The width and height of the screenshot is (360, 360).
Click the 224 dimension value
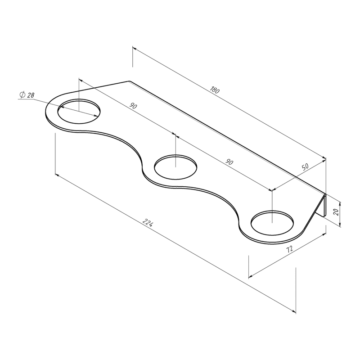tap(148, 222)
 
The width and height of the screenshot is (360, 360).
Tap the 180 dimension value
tap(215, 90)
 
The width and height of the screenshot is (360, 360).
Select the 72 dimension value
tap(289, 249)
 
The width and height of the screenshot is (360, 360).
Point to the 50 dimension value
tap(305, 166)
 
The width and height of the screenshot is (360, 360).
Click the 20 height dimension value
tap(337, 211)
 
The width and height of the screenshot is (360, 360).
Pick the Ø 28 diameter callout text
tap(27, 94)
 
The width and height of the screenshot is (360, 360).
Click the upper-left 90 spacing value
tap(133, 106)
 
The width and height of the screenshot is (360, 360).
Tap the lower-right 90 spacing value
tap(229, 162)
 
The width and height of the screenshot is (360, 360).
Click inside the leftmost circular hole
tap(79, 111)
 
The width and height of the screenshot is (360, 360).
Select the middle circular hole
tap(175, 167)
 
